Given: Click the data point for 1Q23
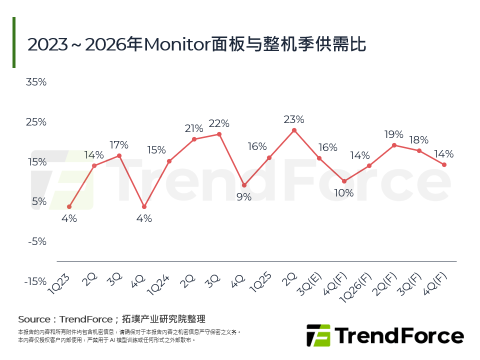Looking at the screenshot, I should point(69,206).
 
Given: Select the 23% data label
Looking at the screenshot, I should point(294,119).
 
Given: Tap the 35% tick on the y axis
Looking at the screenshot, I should point(36,82).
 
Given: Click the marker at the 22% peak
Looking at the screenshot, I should point(219,134).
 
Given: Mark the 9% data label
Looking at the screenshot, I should point(244,197).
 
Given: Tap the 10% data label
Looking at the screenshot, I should point(344,193).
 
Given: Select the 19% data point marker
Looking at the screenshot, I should point(394,145).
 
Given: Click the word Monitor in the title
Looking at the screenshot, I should point(175,44).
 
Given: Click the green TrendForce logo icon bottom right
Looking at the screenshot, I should point(318,335).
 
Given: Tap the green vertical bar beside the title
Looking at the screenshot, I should point(14,42).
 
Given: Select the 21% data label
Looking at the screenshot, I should point(194,128).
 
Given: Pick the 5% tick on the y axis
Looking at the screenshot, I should point(39,201).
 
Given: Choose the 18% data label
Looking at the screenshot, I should point(419,140).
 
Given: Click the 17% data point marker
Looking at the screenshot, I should point(119,155).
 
